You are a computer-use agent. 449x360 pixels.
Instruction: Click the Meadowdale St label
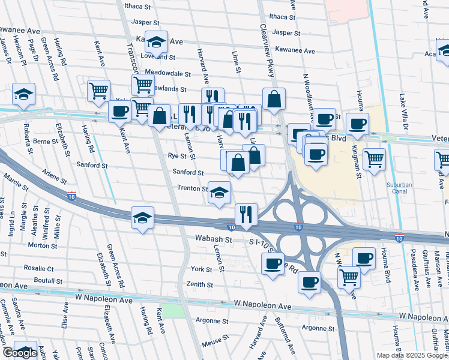tap(163, 74)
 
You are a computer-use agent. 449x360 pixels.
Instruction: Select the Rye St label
tap(178, 156)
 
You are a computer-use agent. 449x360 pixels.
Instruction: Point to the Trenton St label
tap(192, 188)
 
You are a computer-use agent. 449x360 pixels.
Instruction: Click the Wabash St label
tap(213, 239)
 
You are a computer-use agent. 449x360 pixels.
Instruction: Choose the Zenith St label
tap(199, 284)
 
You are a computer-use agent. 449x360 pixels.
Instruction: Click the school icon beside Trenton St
tap(219, 192)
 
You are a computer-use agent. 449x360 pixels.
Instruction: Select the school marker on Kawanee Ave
tap(156, 41)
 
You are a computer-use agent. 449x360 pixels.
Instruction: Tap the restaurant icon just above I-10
tap(246, 214)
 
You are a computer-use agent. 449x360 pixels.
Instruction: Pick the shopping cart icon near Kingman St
tap(374, 159)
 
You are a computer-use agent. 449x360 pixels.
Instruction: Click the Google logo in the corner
tap(19, 353)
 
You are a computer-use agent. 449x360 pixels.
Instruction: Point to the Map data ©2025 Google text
tap(411, 355)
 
